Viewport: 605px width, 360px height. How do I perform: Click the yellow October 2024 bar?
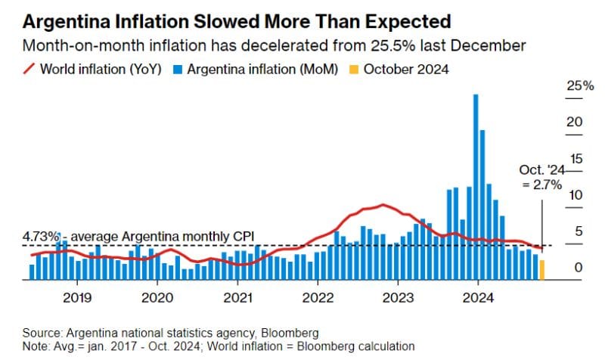pyautogui.click(x=541, y=269)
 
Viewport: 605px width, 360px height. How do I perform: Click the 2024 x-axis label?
pyautogui.click(x=479, y=297)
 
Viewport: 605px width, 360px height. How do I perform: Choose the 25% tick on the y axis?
pyautogui.click(x=579, y=86)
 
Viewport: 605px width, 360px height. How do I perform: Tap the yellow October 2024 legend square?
pyautogui.click(x=352, y=70)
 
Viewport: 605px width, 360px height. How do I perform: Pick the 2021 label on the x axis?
pyautogui.click(x=238, y=297)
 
